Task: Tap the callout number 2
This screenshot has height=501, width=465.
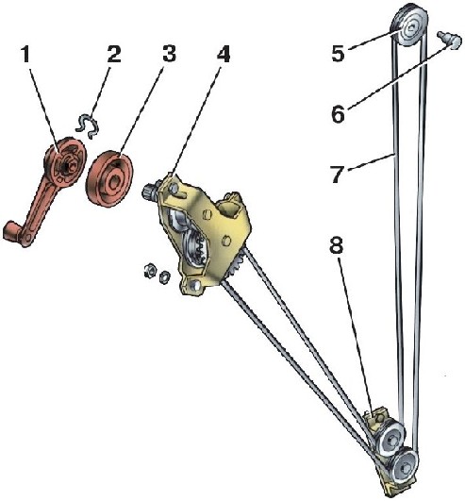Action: pos(114,55)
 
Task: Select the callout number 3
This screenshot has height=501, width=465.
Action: pos(169,54)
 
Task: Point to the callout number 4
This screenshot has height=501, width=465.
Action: pos(224,55)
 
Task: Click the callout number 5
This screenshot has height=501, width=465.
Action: pos(339,53)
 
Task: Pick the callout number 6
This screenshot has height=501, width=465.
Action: pos(339,114)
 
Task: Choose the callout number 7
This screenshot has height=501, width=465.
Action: pos(339,175)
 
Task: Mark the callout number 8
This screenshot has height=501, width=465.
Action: pos(337,245)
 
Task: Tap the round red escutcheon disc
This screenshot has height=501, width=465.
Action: pos(109,178)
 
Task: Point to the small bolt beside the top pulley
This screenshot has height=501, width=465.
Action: pos(450,40)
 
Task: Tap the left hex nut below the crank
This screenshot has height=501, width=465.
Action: pos(149,271)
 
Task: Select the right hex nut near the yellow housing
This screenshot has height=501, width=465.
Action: pos(165,276)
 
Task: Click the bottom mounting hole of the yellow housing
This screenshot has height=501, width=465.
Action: pos(193,283)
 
